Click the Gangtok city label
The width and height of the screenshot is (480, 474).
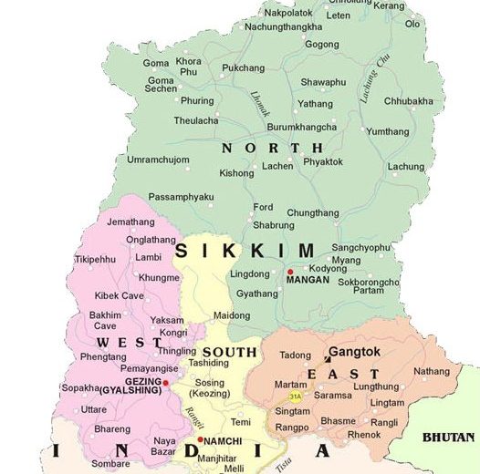[x=354, y=351]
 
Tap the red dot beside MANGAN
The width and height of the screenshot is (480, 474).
[x=290, y=272]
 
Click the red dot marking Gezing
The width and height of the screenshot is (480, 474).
[x=166, y=384]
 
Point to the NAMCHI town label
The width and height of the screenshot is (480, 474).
[x=223, y=440]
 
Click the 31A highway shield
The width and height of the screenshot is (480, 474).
[x=295, y=397]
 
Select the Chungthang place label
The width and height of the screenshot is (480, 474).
[x=313, y=213]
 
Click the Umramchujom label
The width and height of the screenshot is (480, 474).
[x=158, y=160]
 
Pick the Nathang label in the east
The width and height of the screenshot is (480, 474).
[x=431, y=371]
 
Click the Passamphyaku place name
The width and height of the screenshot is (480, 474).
[x=181, y=197]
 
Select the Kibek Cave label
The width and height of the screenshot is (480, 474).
[x=120, y=295]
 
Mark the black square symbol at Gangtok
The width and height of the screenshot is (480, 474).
[x=328, y=359]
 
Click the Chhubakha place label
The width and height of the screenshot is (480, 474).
[x=408, y=101]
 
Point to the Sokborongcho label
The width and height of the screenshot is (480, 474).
[x=369, y=282]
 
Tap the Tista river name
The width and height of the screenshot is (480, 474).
[x=286, y=464]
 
